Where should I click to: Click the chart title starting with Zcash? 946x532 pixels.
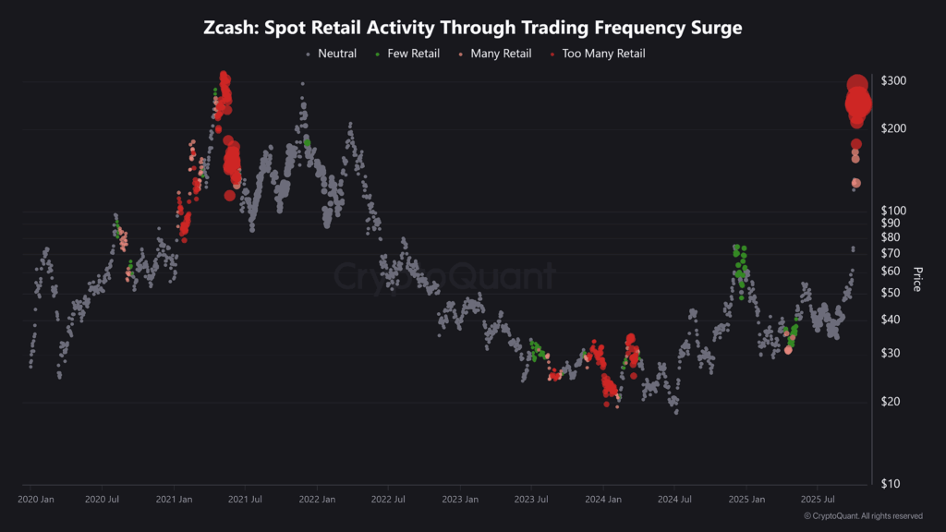click(x=472, y=28)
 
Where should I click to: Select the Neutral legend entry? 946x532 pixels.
click(x=336, y=54)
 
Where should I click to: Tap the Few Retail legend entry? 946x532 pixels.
click(x=413, y=54)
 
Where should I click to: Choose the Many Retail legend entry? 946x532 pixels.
click(x=500, y=54)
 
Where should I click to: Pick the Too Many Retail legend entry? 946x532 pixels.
click(x=602, y=54)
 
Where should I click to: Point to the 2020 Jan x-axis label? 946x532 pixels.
click(x=36, y=500)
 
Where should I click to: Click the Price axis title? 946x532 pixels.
click(x=917, y=279)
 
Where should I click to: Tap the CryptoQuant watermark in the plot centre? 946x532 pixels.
click(x=444, y=276)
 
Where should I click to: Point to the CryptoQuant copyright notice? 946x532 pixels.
click(x=863, y=516)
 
